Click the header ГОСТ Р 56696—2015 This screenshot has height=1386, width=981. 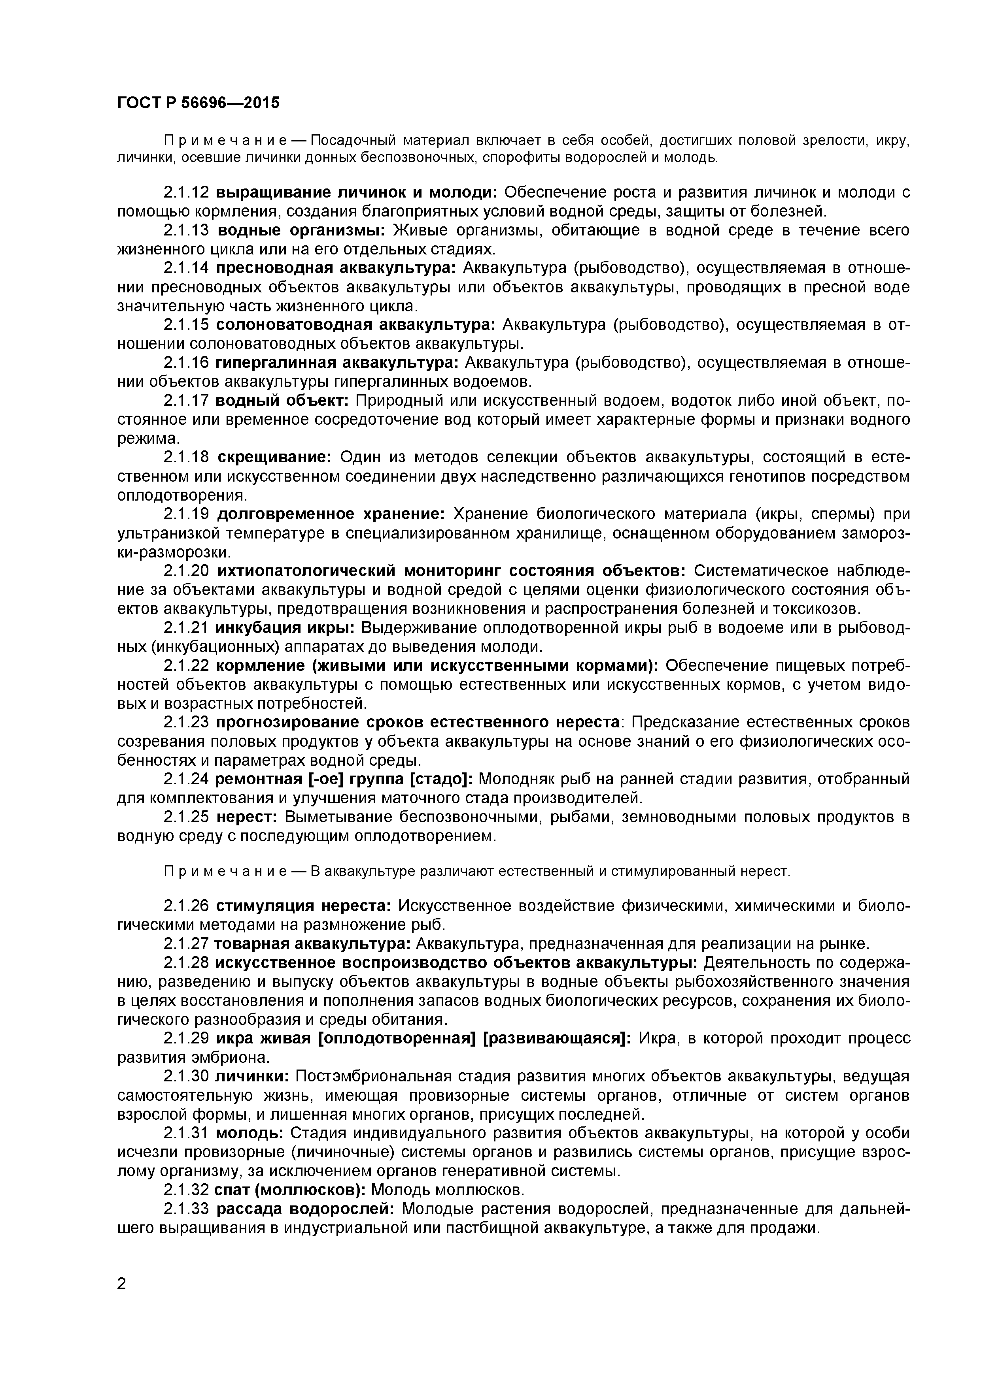(198, 103)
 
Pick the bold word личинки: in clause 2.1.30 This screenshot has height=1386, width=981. (253, 1076)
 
